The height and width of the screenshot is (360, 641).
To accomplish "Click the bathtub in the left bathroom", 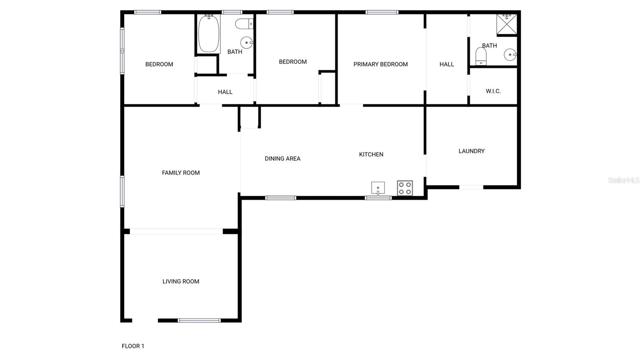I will [x=209, y=34].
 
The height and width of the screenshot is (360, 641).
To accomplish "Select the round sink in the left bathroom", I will [x=246, y=42].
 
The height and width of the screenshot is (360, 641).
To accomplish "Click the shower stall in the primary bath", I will [x=507, y=24].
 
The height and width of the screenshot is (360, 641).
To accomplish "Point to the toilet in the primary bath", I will [x=481, y=56].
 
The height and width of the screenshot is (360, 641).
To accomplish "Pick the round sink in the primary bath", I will [x=510, y=55].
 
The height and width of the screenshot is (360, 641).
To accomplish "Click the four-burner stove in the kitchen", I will [x=405, y=188].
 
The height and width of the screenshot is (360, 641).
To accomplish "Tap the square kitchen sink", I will [x=378, y=188].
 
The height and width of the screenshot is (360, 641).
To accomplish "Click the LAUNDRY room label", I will [x=472, y=151].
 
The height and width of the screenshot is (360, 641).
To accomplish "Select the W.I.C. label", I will [x=493, y=91].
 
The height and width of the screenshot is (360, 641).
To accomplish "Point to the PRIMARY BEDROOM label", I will [x=381, y=64].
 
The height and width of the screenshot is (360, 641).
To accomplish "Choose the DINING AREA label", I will [x=282, y=159].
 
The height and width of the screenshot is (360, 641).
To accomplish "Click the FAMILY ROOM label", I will [x=181, y=173].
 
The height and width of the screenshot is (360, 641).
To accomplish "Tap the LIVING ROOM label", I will [x=181, y=282].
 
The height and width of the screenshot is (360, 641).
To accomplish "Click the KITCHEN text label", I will [x=371, y=154].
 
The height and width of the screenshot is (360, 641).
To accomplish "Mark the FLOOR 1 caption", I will [x=133, y=346].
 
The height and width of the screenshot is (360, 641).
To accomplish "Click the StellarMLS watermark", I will [x=623, y=180].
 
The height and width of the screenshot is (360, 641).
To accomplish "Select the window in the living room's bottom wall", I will [x=199, y=320].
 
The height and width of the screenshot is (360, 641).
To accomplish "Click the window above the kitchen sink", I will [x=378, y=198].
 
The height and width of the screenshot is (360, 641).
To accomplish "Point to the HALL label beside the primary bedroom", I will [x=447, y=64].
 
